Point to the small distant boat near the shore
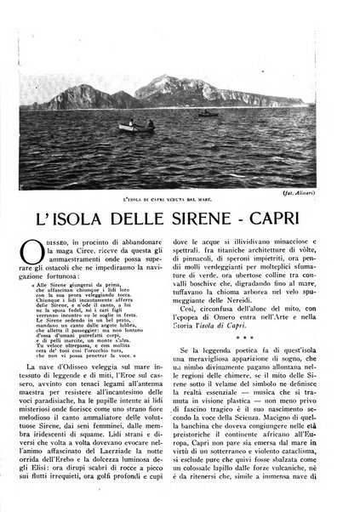point(207,112)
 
